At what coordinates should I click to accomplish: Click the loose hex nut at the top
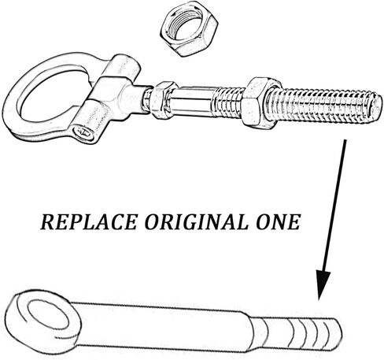click(189, 28)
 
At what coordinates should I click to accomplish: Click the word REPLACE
click(89, 222)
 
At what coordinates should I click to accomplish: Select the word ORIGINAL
click(196, 222)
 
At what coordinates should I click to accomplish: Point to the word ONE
click(278, 222)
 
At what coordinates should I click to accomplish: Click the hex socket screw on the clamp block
click(84, 132)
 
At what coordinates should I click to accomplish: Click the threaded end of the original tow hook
click(301, 333)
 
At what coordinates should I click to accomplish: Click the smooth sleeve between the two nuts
click(194, 102)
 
